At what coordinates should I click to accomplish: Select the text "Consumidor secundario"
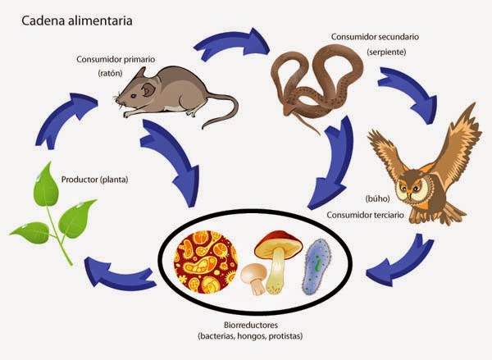coord(376,37)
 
